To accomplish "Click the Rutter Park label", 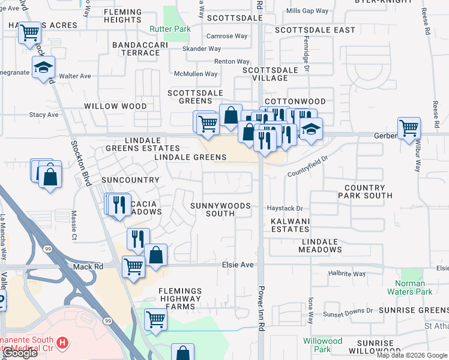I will (x=170, y=29).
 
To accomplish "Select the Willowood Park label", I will (x=322, y=345).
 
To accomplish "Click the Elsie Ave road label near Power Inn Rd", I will (x=238, y=265).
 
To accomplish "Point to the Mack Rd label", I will (x=85, y=266).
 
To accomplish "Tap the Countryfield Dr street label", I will (x=309, y=166).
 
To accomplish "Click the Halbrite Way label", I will (x=347, y=274).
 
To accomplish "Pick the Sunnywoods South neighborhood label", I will (x=220, y=209).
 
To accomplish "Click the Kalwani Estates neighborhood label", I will (x=290, y=226).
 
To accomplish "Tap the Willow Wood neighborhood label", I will (x=115, y=106).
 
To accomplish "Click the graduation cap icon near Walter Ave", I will (x=43, y=68).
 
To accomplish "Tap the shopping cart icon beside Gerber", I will (x=409, y=128).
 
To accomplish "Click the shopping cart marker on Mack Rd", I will (x=133, y=266).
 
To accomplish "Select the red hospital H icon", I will (x=62, y=343).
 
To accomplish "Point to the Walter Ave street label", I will (x=75, y=76).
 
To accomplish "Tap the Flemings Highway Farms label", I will (x=180, y=299).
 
